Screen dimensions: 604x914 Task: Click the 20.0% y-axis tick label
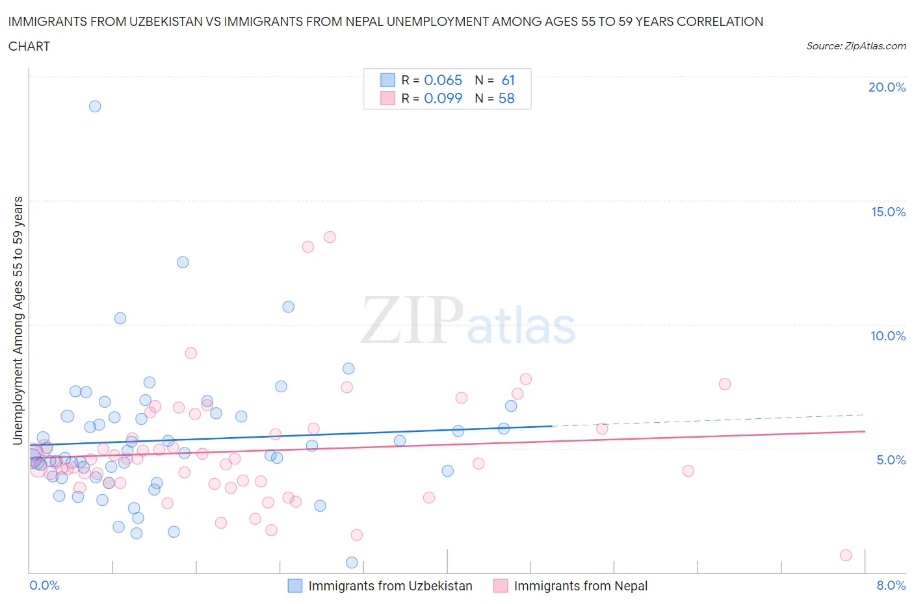coord(887,87)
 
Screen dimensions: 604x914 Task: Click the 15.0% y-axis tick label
coord(888,212)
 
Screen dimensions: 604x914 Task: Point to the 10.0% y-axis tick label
coord(888,336)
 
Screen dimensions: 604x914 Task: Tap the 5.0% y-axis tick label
coord(891,460)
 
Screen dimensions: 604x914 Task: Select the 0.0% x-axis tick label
coord(45,585)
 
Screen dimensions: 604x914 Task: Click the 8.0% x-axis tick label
coord(891,585)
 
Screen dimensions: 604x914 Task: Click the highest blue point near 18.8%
coord(95,107)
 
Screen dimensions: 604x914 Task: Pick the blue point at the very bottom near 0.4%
coord(352,562)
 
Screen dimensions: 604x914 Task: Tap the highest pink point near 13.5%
coord(330,237)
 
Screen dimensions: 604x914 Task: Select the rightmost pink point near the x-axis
coord(846,555)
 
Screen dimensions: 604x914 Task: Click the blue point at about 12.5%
coord(183,262)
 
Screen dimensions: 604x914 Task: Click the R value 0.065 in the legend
coord(443,80)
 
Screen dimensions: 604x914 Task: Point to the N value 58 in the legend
coord(506,98)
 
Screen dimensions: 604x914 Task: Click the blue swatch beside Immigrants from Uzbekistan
coord(295,586)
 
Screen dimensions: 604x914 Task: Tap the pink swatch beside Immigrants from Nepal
coord(501,586)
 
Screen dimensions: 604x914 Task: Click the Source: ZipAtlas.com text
coord(855,46)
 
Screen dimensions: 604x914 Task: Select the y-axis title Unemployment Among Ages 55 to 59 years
coord(18,320)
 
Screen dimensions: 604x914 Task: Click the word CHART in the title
coord(29,46)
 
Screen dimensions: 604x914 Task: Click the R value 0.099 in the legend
coord(443,98)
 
